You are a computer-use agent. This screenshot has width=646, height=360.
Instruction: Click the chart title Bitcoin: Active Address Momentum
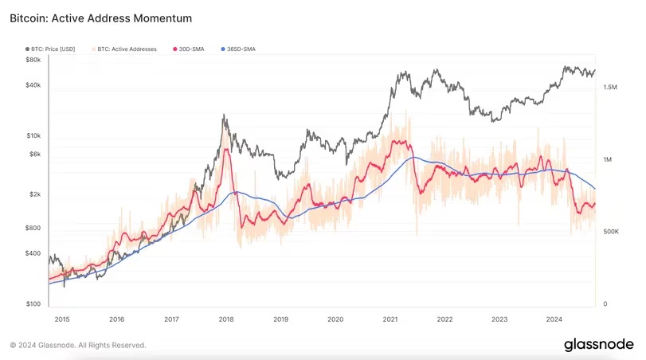tap(100, 17)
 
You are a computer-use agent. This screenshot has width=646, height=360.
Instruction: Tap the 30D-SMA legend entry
tap(191, 49)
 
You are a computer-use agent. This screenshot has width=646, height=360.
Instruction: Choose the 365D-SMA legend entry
tap(239, 49)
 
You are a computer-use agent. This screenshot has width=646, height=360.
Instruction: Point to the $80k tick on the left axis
tap(33, 60)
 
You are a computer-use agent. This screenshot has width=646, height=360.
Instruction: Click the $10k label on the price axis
tap(33, 136)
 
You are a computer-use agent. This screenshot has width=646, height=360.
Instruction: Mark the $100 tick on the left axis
tap(33, 304)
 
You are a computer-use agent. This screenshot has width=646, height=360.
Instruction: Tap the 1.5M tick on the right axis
tap(609, 88)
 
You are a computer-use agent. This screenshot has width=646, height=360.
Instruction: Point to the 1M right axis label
tap(607, 160)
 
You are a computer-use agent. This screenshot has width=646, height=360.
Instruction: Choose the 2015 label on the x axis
tap(62, 319)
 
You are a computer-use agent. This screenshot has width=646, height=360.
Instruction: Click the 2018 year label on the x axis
tap(226, 319)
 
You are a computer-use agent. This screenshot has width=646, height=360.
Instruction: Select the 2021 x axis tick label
tap(390, 319)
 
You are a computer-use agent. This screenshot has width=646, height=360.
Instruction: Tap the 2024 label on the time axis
tap(554, 319)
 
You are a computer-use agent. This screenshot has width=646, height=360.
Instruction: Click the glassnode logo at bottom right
tap(598, 345)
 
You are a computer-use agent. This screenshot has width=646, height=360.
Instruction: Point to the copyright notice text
tap(78, 346)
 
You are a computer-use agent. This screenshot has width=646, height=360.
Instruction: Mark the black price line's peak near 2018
tap(225, 115)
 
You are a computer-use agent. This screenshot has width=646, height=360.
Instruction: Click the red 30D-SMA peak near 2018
tap(227, 149)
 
